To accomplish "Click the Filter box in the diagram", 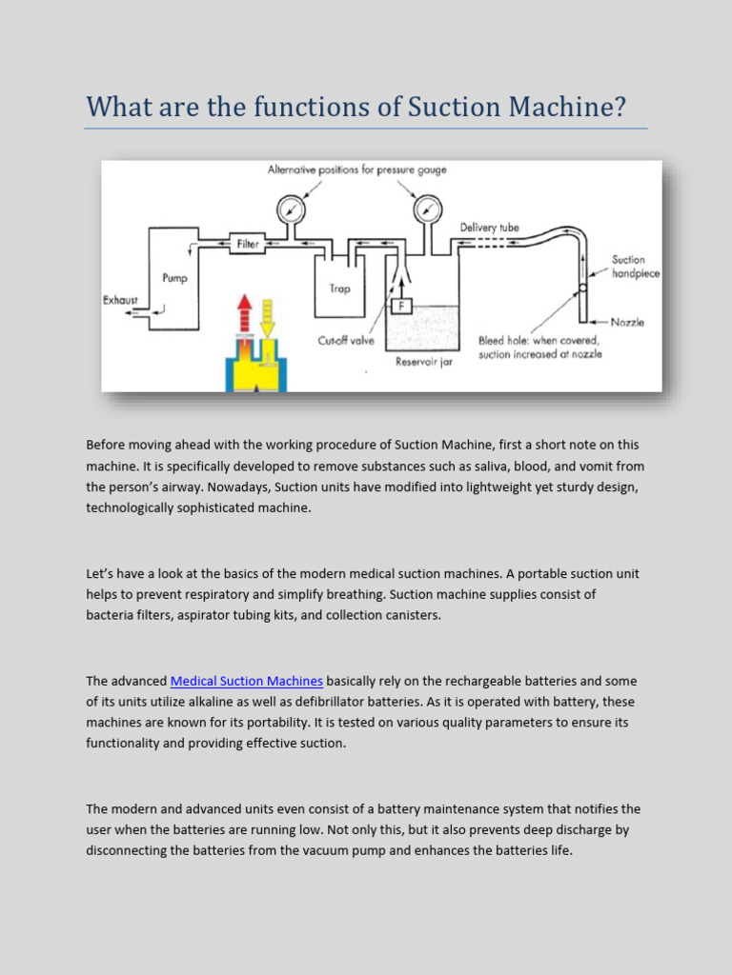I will coord(247,244).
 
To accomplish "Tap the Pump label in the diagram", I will coord(174,279).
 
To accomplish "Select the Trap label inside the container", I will coord(340,289).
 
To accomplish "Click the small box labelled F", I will coord(402,307).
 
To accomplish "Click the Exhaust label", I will coord(120,300).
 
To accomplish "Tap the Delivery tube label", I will coord(490,227).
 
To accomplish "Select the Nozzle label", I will coord(626,322).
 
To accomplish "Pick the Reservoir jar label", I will coord(424,362).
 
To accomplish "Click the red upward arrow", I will coord(244,313).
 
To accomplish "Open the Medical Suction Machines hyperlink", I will coord(247,681).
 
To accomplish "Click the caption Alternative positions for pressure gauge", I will coord(356,170).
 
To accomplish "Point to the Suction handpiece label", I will coord(634,266).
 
